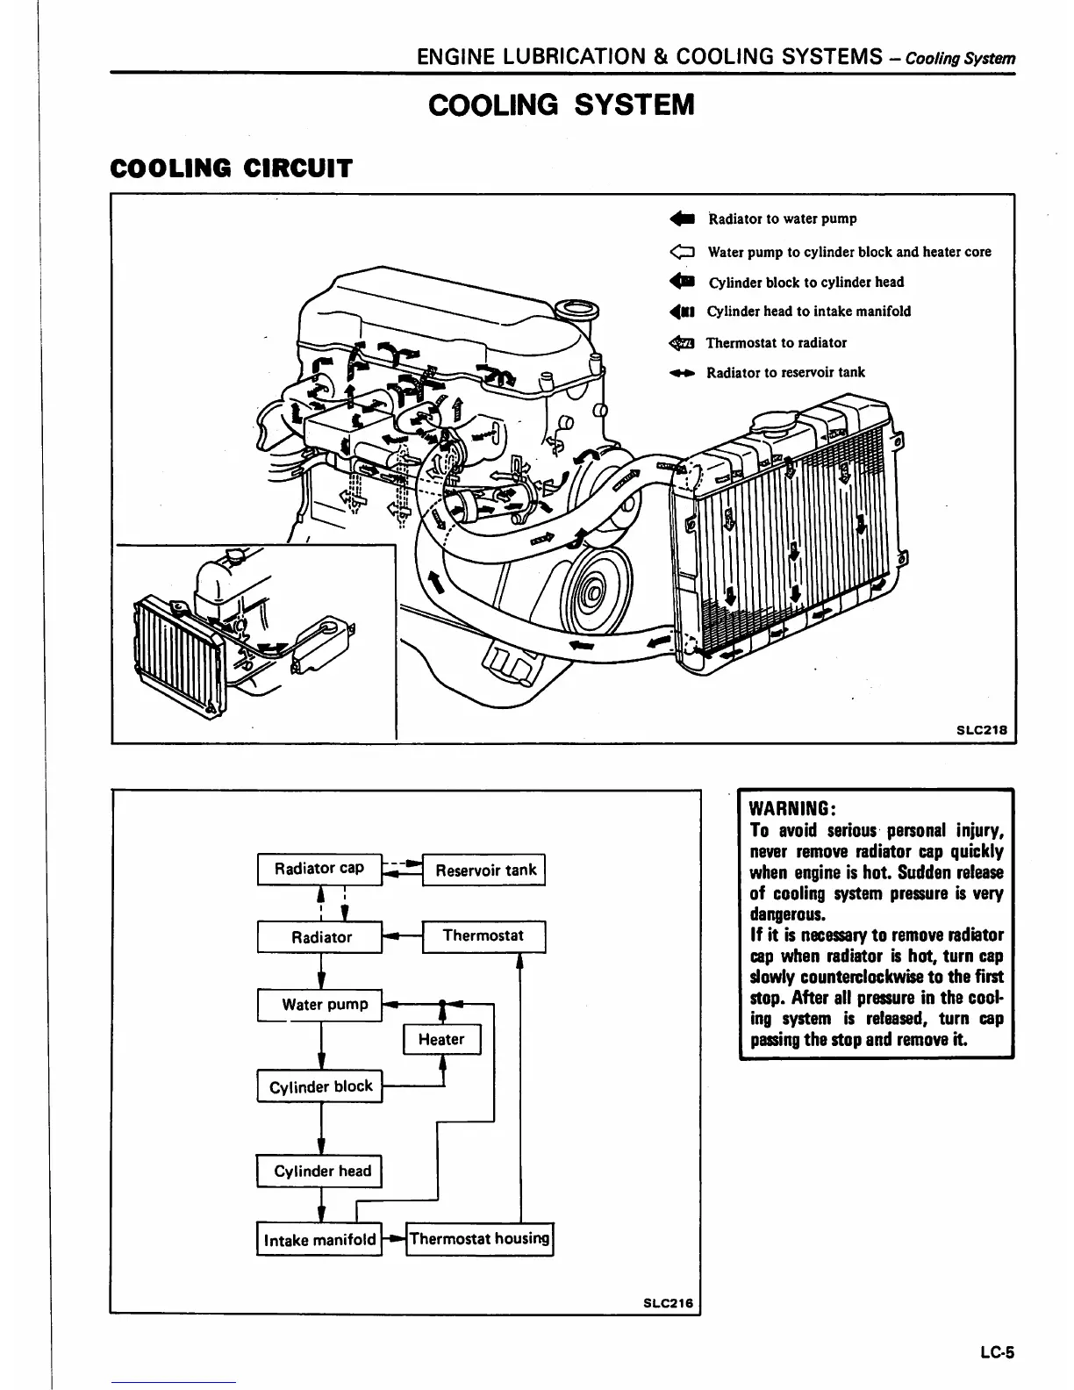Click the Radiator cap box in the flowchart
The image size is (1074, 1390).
click(319, 869)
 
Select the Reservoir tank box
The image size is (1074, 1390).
click(484, 871)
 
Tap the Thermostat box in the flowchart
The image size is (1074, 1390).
click(483, 935)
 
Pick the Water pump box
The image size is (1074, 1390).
click(320, 1005)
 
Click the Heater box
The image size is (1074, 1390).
click(441, 1040)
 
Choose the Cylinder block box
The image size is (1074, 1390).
click(320, 1086)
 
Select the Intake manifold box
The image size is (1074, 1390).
click(319, 1240)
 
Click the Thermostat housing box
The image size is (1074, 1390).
click(479, 1239)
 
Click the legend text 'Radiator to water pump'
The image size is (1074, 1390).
click(782, 219)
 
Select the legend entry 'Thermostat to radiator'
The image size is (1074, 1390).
click(776, 343)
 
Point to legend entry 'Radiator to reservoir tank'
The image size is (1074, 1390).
click(785, 372)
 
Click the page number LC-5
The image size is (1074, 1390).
click(997, 1352)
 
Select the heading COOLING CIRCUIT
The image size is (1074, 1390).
click(231, 168)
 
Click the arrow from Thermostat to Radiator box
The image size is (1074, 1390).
click(402, 936)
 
